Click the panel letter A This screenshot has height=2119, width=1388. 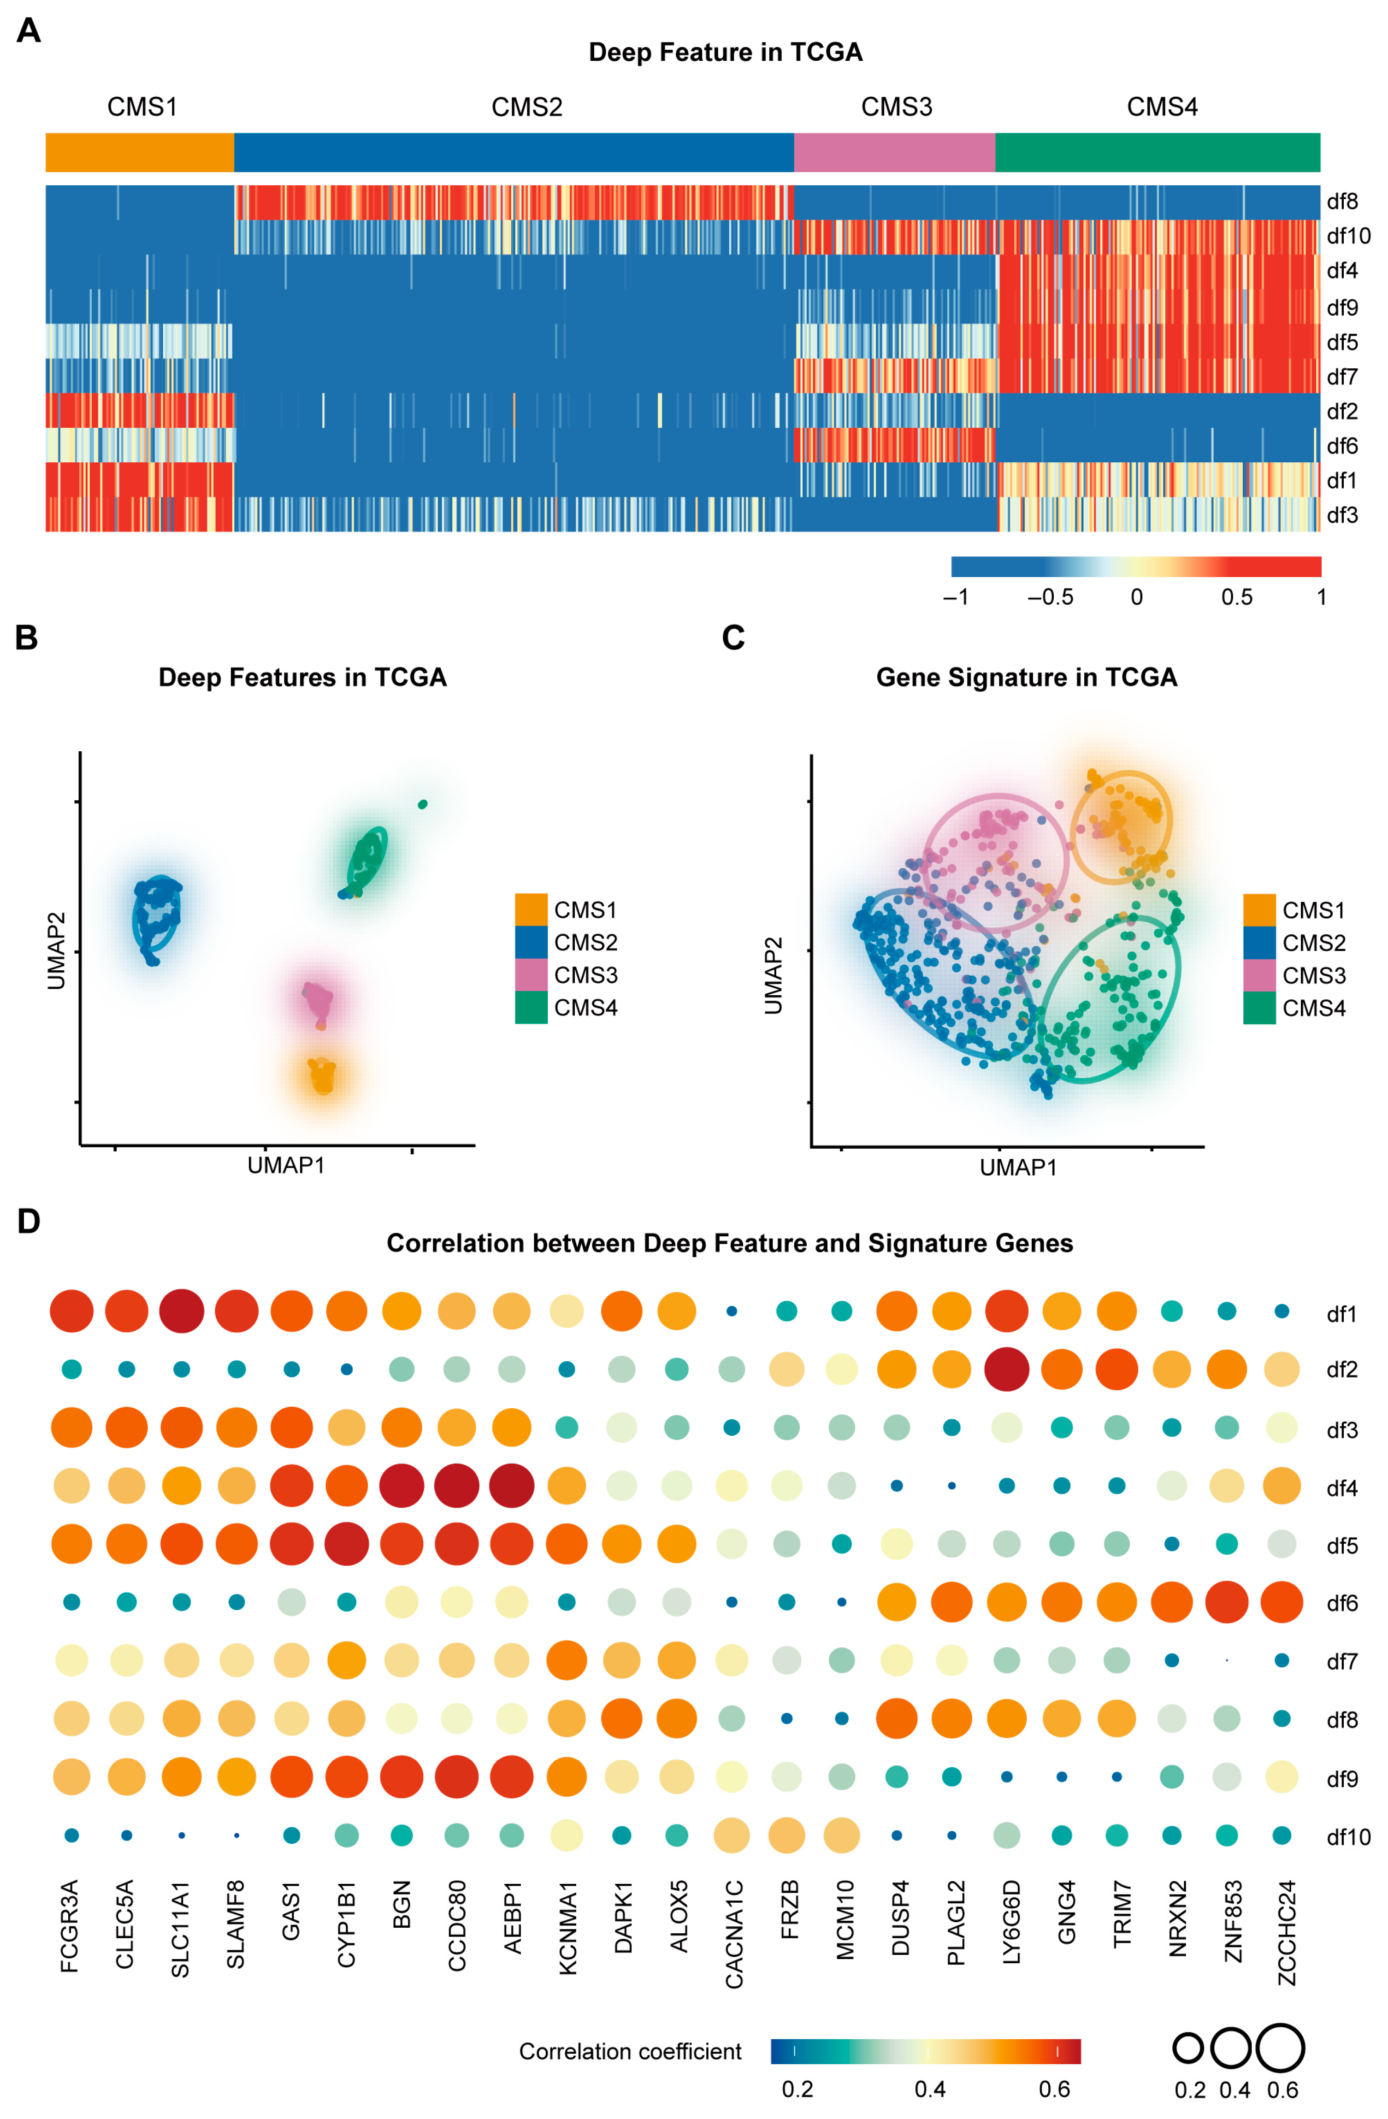[29, 31]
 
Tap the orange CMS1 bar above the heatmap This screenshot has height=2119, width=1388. [140, 152]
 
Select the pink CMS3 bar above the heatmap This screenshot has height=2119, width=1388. [894, 152]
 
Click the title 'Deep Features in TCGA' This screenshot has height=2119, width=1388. [302, 678]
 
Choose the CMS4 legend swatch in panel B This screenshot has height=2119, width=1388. [531, 1007]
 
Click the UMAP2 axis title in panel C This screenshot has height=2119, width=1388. [773, 975]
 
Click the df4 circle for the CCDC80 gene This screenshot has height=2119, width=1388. [457, 1485]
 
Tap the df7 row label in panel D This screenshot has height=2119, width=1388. [1341, 1661]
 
